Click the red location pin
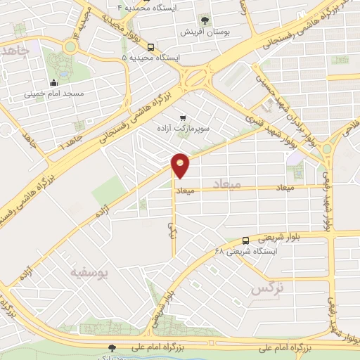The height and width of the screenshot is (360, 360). point(181,165)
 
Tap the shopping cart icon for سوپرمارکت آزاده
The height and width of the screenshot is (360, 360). point(183,118)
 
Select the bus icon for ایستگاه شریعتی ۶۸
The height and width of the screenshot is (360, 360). point(245,240)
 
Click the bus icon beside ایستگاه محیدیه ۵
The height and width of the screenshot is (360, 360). point(150,46)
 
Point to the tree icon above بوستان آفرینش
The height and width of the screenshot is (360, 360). point(205,20)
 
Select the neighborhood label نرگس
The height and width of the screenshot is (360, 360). point(266,288)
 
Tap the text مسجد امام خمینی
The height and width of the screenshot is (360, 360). point(54,93)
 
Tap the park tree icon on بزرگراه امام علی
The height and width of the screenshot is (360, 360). point(112,347)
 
